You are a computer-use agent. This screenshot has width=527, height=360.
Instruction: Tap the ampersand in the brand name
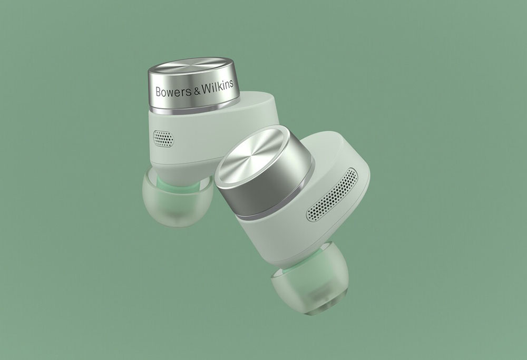pyautogui.click(x=197, y=90)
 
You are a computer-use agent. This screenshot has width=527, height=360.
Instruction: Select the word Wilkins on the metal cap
pyautogui.click(x=218, y=86)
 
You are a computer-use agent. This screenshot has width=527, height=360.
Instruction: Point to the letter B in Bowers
pyautogui.click(x=158, y=92)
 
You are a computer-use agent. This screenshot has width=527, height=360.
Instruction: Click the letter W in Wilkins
pyautogui.click(x=207, y=88)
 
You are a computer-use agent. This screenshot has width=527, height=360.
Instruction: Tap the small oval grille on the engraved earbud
pyautogui.click(x=163, y=139)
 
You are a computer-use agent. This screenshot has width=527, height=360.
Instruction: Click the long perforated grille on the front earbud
pyautogui.click(x=331, y=195)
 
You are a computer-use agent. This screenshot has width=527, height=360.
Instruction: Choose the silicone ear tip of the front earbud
pyautogui.click(x=310, y=279)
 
